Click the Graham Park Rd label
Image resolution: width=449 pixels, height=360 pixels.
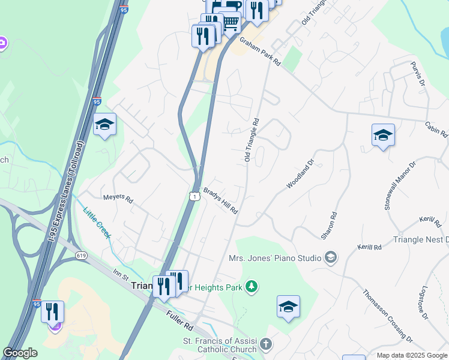pos(261,52)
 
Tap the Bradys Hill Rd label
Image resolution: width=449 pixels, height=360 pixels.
pos(220,201)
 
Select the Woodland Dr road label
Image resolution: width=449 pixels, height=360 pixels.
pos(300,174)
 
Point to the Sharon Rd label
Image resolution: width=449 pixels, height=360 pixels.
pos(329,226)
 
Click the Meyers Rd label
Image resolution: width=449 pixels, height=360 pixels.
pos(118,198)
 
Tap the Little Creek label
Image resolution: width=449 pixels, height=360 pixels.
pos(97,222)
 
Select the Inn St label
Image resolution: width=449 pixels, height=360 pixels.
pos(121,276)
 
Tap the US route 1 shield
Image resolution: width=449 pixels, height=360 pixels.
pos(194,196)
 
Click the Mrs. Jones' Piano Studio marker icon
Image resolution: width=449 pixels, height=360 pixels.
pos(330,258)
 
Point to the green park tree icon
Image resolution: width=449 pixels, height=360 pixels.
pos(252,287)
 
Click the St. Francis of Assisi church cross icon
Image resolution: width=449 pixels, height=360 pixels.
pos(266,345)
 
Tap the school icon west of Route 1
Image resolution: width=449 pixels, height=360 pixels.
pos(104,124)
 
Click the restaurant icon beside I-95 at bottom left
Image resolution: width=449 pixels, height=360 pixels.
pos(52,311)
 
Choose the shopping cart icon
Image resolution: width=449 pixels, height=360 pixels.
pos(230,22)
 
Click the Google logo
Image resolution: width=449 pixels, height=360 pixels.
pos(20,353)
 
